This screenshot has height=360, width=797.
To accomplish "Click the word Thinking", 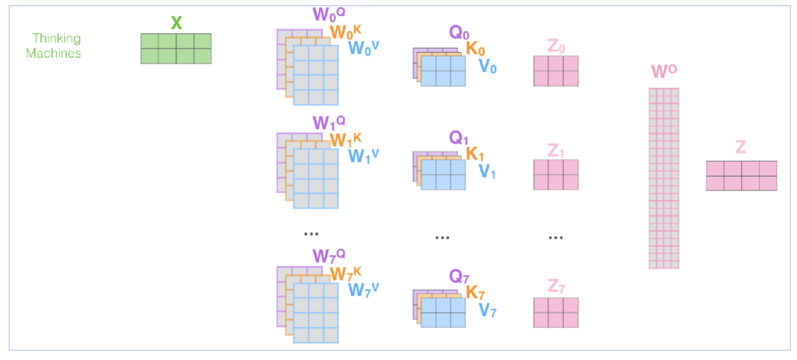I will (57, 39).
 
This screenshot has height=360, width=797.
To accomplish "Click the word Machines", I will (53, 53).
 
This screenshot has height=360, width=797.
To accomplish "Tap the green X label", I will (176, 23).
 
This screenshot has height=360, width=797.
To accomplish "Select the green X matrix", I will (176, 48).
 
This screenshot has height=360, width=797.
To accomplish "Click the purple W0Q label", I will (328, 14).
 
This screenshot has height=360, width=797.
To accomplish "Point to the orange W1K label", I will (346, 140).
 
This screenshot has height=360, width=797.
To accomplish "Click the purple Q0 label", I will (459, 33).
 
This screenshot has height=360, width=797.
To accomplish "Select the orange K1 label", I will (474, 154).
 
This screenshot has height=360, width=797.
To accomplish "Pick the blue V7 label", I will (487, 310).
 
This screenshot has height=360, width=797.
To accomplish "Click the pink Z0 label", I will (556, 46).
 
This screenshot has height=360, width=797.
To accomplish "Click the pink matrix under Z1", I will (556, 175).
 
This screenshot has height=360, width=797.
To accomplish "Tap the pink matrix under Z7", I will (556, 313).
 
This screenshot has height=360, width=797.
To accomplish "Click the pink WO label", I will (664, 71).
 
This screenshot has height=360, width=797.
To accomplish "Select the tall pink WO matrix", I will (664, 178).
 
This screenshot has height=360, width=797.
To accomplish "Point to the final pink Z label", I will (740, 147).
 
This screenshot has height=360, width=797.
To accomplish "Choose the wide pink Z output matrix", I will (741, 176).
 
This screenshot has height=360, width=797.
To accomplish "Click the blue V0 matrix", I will (443, 71).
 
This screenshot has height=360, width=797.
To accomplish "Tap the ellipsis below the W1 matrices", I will (311, 234).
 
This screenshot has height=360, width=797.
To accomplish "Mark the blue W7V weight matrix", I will (316, 313).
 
